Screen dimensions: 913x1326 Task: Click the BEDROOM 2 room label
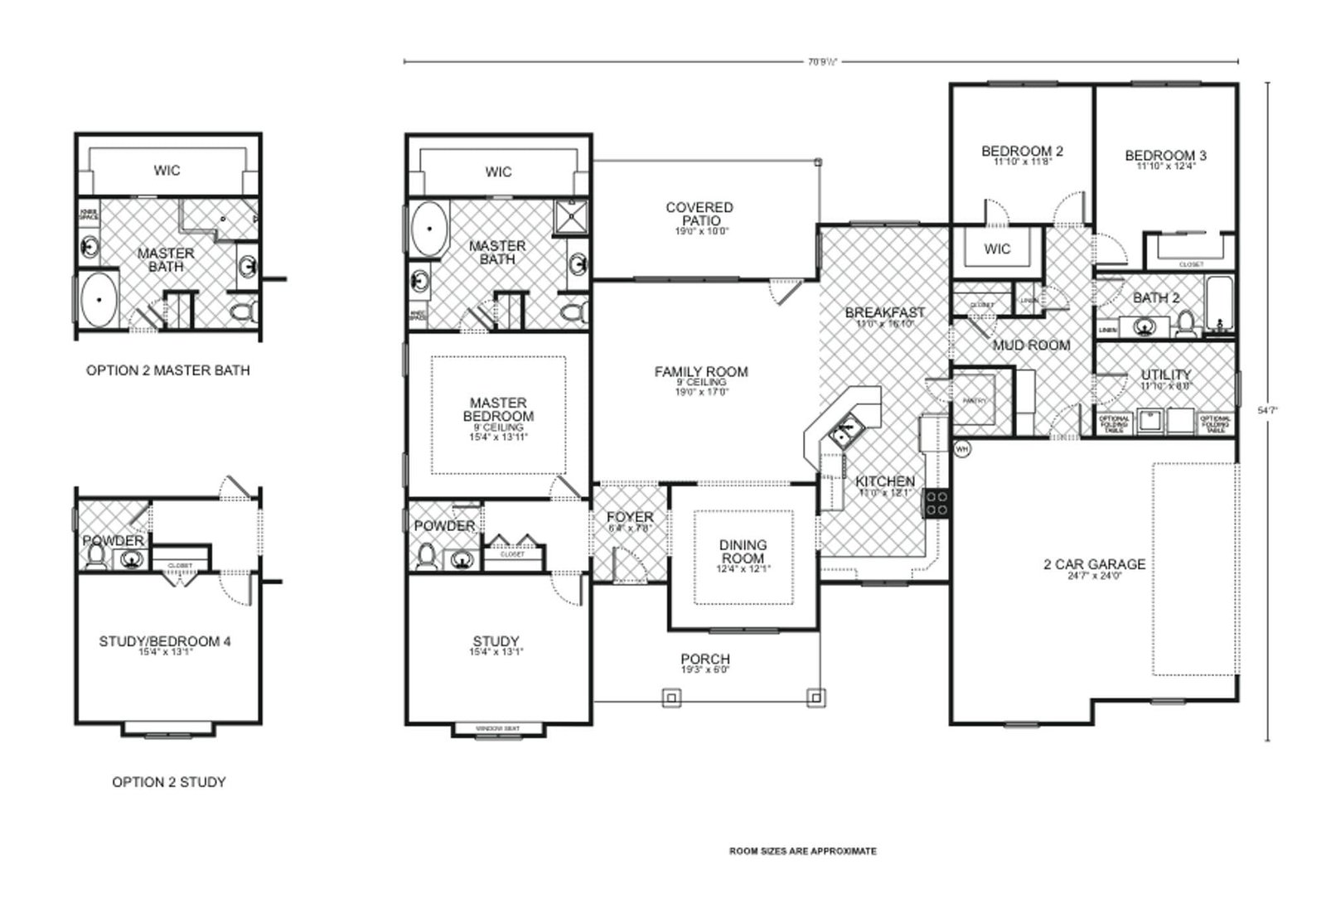point(1022,152)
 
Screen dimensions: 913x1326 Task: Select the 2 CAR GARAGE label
point(1094,565)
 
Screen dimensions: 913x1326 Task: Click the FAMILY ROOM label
point(701,373)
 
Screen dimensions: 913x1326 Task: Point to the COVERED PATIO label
point(699,215)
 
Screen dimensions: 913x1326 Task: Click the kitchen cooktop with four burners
point(936,503)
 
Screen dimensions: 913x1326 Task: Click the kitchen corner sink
point(844,432)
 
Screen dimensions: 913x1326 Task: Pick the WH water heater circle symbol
point(962,448)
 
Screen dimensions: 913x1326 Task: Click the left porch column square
point(670,698)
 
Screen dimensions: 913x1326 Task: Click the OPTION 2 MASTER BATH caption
point(167,370)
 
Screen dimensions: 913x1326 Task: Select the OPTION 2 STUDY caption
point(168,781)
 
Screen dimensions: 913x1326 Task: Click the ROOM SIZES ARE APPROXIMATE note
point(802,851)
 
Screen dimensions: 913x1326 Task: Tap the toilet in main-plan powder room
point(428,557)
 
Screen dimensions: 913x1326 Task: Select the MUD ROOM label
point(1031,345)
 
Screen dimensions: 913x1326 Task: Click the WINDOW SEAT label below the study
point(497,729)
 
